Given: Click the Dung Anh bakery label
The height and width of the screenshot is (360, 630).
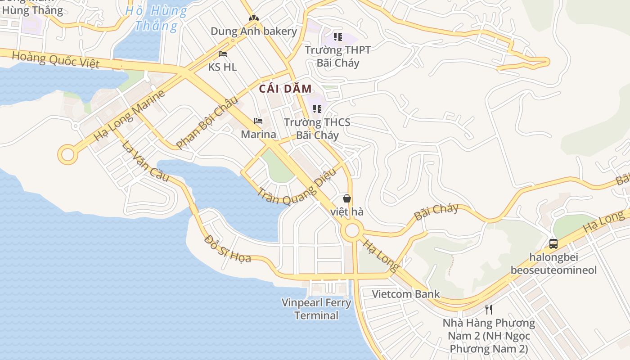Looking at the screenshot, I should (x=254, y=31).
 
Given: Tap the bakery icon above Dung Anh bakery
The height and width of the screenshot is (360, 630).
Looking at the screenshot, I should (x=254, y=18).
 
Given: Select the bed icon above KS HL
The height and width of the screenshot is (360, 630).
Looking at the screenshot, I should (x=222, y=54).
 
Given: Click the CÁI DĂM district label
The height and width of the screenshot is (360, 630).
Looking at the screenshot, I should (x=285, y=89).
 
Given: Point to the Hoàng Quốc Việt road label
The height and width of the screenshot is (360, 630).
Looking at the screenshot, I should (x=55, y=60).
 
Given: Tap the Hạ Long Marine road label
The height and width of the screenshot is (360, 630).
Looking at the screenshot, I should (x=129, y=115).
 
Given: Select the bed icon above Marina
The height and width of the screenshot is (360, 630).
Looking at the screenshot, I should (x=258, y=121).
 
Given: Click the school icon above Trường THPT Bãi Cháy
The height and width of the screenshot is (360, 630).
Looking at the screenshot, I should (x=337, y=37).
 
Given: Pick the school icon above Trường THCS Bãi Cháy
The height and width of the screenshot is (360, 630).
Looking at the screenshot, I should (x=317, y=109).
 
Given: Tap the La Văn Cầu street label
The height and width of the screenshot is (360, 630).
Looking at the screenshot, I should (x=145, y=161).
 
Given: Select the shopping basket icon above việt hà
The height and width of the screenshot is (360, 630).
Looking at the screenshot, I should (x=346, y=198).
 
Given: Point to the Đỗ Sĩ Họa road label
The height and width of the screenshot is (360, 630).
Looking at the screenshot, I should (x=227, y=249).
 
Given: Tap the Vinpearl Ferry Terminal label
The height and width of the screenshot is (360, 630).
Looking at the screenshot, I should (x=316, y=309).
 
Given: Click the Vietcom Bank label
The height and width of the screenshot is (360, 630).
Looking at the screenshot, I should (x=405, y=294).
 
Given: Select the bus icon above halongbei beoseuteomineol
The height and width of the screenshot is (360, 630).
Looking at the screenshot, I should (x=553, y=244).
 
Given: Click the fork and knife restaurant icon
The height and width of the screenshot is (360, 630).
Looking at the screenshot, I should (x=489, y=310).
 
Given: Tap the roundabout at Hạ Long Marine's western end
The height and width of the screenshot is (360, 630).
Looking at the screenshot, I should (x=67, y=154).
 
